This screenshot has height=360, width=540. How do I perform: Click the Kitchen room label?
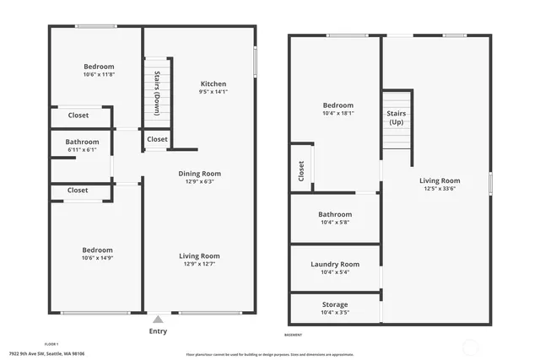[213, 83]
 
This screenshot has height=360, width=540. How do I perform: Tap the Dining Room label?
[200, 174]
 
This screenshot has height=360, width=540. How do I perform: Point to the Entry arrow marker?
[158, 320]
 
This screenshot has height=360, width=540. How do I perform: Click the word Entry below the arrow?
[158, 331]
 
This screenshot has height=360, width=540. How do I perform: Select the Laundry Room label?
[335, 265]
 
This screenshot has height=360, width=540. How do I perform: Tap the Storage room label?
[335, 304]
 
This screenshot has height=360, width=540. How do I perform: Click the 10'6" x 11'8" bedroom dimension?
[99, 75]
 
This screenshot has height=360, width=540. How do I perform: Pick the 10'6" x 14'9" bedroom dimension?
[98, 258]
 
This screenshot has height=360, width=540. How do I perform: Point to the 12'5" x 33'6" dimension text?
[440, 189]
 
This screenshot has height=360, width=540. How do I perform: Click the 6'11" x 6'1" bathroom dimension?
[83, 150]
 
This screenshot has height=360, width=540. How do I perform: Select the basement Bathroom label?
[335, 214]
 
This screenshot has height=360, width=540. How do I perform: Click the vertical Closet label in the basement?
[301, 170]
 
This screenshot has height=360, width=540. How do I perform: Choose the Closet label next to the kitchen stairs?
[157, 139]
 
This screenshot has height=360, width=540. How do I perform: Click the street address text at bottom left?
[47, 354]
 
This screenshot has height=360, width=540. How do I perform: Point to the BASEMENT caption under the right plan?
[294, 335]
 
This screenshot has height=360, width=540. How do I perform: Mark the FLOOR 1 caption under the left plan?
[51, 321]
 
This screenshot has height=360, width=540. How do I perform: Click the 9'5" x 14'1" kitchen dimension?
[213, 92]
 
